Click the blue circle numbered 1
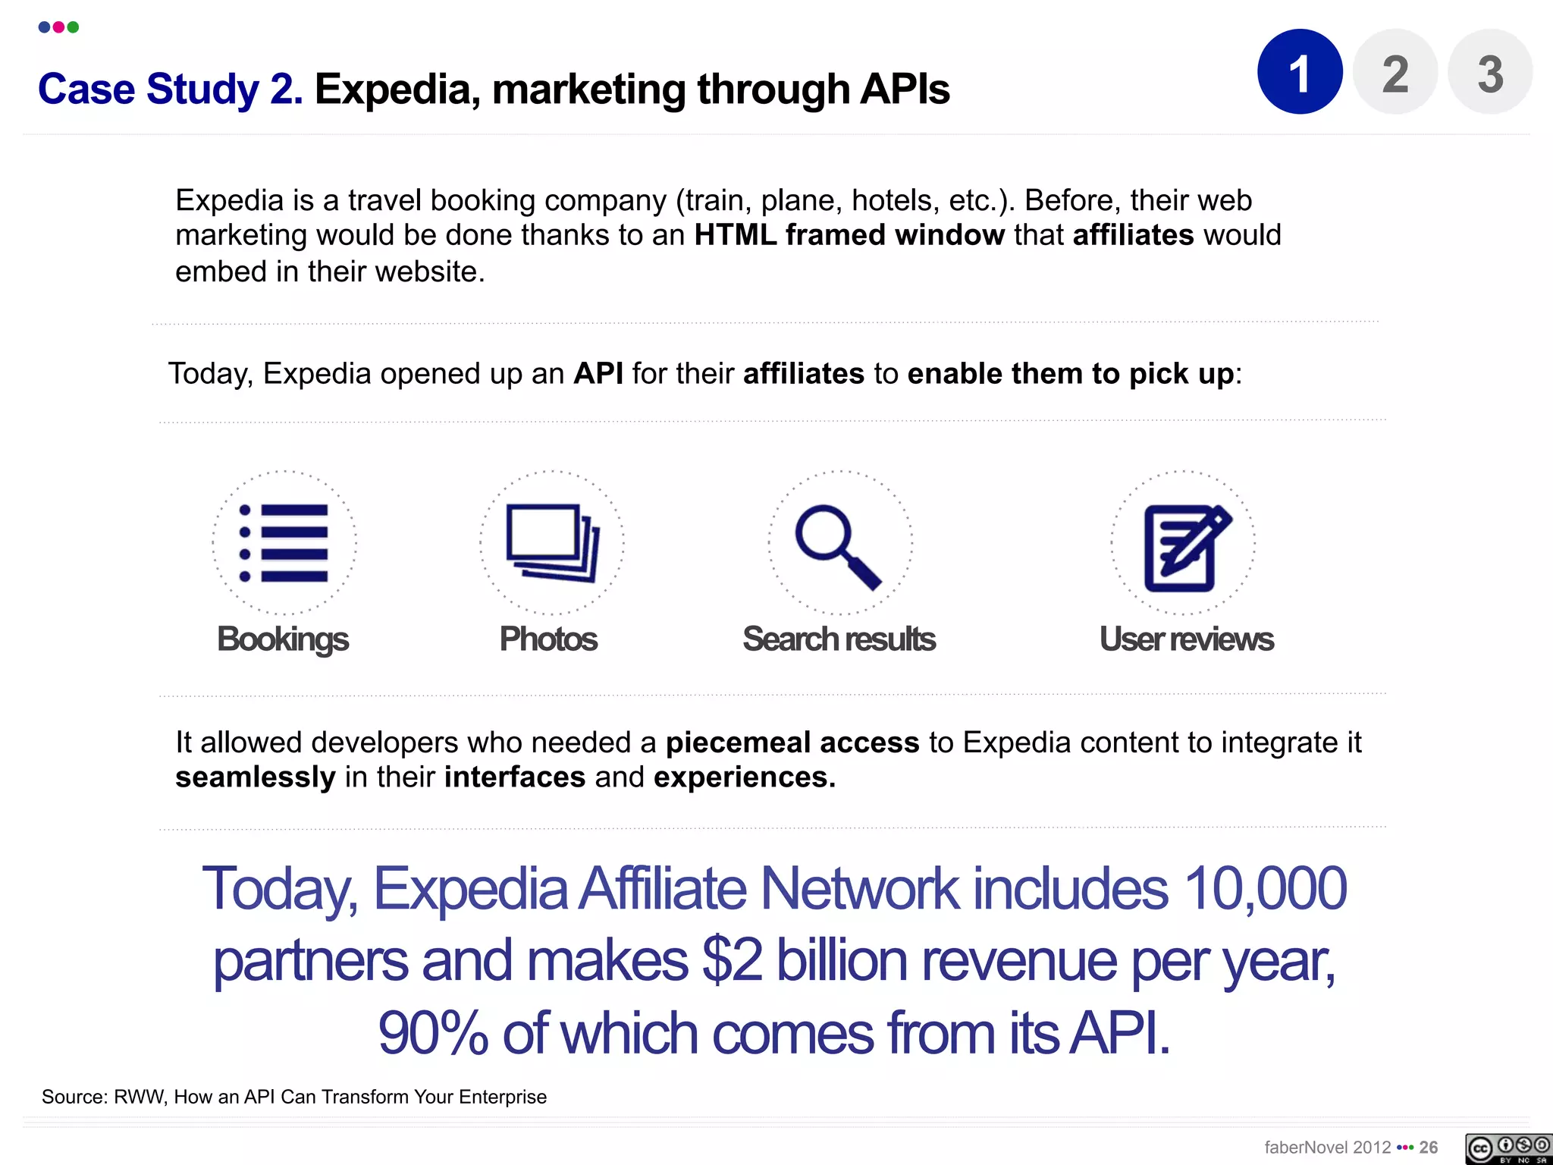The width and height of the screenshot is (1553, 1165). pos(1300,72)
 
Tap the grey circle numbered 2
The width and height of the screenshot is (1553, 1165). pos(1395,72)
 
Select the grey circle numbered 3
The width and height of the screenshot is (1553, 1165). pos(1489,72)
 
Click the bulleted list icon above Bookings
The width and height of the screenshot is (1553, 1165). pos(284,543)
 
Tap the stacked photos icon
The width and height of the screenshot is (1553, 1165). pos(552,543)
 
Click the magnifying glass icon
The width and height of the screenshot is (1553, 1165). pos(839,545)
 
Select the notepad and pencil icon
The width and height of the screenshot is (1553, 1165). pos(1184,546)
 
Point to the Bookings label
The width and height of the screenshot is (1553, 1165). pos(283,639)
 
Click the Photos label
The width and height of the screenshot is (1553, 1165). pos(548,639)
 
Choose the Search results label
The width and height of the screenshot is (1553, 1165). pos(839,639)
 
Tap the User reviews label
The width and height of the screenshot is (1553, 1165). pos(1186,639)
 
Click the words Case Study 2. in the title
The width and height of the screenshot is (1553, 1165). pos(171,89)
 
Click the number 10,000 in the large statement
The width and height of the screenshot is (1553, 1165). pos(1264,889)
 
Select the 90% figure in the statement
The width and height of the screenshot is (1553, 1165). pos(433,1033)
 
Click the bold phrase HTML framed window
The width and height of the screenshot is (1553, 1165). pos(849,235)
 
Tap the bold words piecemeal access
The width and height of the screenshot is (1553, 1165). pos(792,743)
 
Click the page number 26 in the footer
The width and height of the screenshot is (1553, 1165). pos(1429,1147)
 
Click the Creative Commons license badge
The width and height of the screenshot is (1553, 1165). pos(1508,1148)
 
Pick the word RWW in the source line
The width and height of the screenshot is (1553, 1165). pos(140,1097)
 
